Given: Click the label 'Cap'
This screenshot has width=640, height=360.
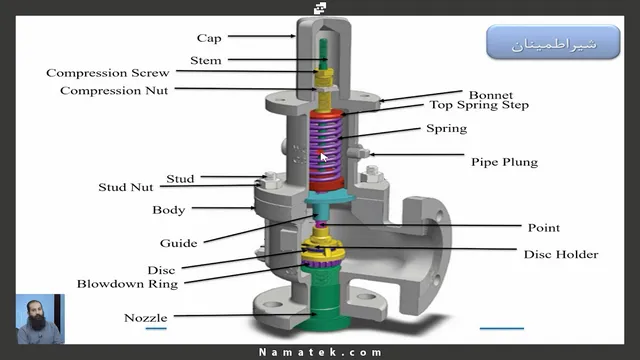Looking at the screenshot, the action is (209, 38).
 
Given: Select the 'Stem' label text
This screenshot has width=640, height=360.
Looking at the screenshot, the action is (206, 60).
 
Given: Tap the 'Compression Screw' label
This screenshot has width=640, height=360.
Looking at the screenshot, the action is (108, 73).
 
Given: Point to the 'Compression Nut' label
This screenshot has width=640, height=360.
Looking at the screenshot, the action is (114, 90).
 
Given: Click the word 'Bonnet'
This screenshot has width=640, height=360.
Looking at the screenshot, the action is (491, 95).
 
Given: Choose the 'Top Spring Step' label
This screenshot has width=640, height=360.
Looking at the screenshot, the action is (479, 105).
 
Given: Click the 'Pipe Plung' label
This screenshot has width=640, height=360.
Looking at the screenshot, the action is (504, 162).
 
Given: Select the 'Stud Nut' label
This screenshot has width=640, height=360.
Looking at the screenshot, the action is (126, 187).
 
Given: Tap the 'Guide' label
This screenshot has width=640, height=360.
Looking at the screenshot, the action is (178, 243).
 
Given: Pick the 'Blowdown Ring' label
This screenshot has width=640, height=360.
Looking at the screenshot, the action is (127, 284).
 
